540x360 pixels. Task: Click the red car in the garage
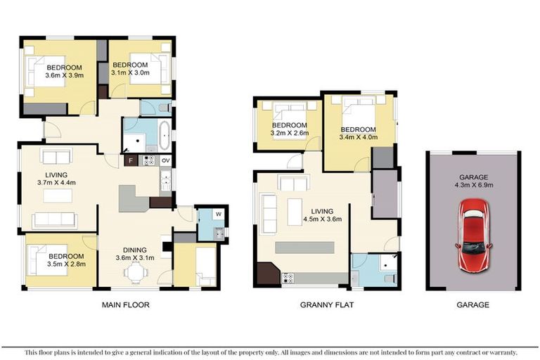point(472,234)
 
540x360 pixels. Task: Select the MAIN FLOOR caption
point(124,304)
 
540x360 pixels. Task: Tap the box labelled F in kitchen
point(130,160)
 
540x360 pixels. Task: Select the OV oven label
point(165,160)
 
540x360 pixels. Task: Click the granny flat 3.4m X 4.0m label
point(358,134)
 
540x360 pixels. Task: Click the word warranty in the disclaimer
point(500,352)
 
